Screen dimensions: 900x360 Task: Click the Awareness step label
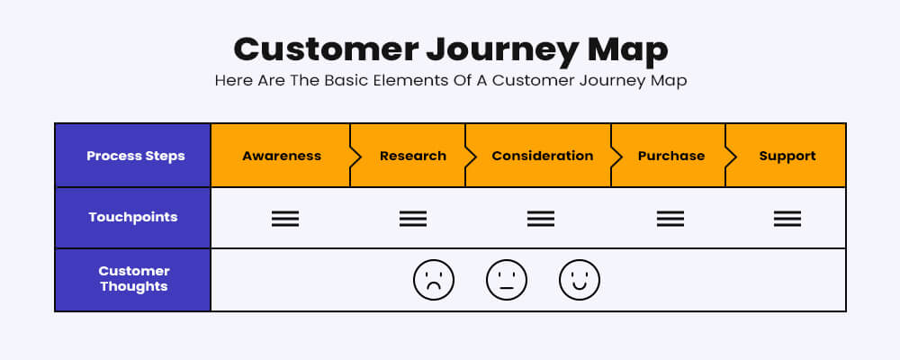[x=281, y=156]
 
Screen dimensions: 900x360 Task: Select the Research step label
[x=413, y=156]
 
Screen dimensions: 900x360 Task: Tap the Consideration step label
[x=543, y=156]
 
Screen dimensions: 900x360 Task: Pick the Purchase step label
[x=671, y=156]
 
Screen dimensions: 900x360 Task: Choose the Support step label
[x=787, y=157]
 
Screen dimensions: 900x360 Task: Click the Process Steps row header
[x=136, y=157]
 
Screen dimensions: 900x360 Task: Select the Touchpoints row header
[x=132, y=218]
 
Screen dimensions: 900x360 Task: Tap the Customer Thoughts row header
[x=134, y=278]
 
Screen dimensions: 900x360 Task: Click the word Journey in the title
[x=501, y=50]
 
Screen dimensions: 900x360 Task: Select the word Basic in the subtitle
[x=346, y=80]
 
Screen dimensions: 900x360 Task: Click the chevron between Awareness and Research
[x=355, y=156]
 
